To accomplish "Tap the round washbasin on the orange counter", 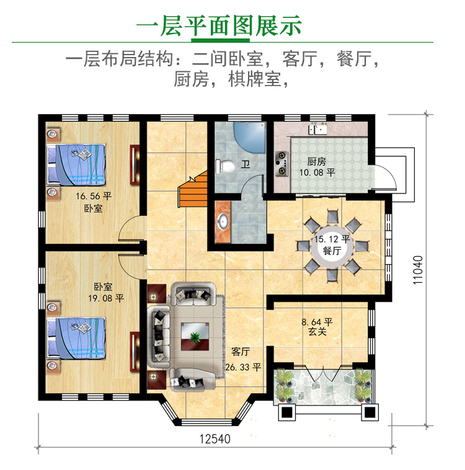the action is tap(223, 221).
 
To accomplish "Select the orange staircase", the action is tap(193, 190).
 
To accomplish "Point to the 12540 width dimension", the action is tap(215, 439).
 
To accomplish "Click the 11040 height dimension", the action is tap(418, 270).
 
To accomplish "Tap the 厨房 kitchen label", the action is tap(316, 162).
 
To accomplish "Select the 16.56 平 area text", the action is tap(94, 196).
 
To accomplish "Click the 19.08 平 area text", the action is tap(106, 298).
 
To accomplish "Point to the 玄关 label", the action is tap(317, 332).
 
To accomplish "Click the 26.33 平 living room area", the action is tap(243, 367).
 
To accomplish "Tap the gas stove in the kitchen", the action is tap(281, 164).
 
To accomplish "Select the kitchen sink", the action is tap(318, 130).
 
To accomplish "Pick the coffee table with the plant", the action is tap(195, 336).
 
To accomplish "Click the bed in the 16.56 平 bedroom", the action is tap(76, 165).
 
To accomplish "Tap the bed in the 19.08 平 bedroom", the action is tap(76, 338).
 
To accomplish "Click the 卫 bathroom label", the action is tap(246, 164).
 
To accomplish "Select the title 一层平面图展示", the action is tap(219, 25).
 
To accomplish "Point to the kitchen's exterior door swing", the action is tap(386, 177).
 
